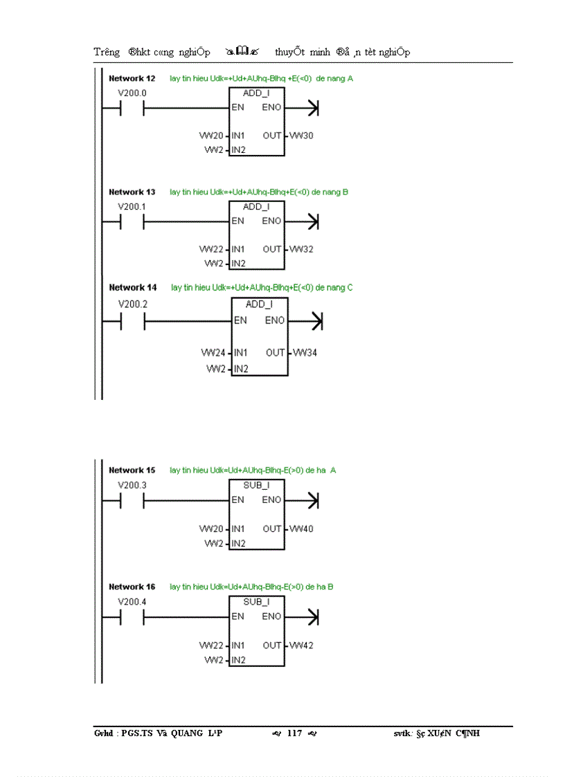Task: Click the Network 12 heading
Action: click(x=132, y=78)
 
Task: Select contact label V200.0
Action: click(x=132, y=93)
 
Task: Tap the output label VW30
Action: click(x=301, y=136)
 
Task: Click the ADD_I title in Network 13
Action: click(x=256, y=206)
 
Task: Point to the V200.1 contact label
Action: click(x=132, y=207)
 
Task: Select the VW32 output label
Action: click(x=301, y=249)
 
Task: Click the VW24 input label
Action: click(x=213, y=353)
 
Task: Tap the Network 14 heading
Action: click(x=133, y=287)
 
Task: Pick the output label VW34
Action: click(x=305, y=353)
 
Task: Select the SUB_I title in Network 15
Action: click(x=256, y=485)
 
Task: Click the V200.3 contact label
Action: click(x=132, y=485)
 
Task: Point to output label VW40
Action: click(x=301, y=529)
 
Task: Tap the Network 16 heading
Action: click(x=132, y=587)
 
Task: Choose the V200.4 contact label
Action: click(x=132, y=602)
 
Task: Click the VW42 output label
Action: click(x=301, y=646)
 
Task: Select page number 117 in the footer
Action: click(x=294, y=733)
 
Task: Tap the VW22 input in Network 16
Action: click(x=210, y=646)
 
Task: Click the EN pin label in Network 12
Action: click(x=237, y=107)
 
